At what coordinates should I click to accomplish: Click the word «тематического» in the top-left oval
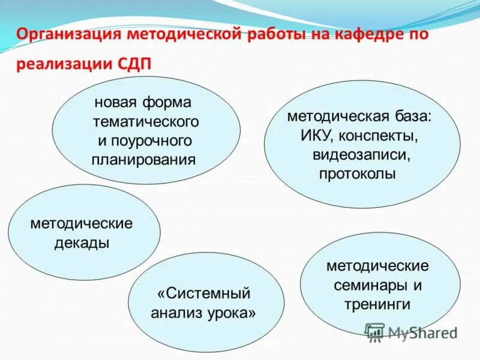click(145, 122)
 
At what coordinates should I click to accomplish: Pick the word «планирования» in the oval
click(144, 160)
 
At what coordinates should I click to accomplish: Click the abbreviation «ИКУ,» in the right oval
click(321, 136)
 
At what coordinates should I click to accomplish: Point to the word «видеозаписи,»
click(361, 155)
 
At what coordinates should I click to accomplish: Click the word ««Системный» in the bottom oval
click(203, 293)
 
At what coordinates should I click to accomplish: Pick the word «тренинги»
click(377, 304)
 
